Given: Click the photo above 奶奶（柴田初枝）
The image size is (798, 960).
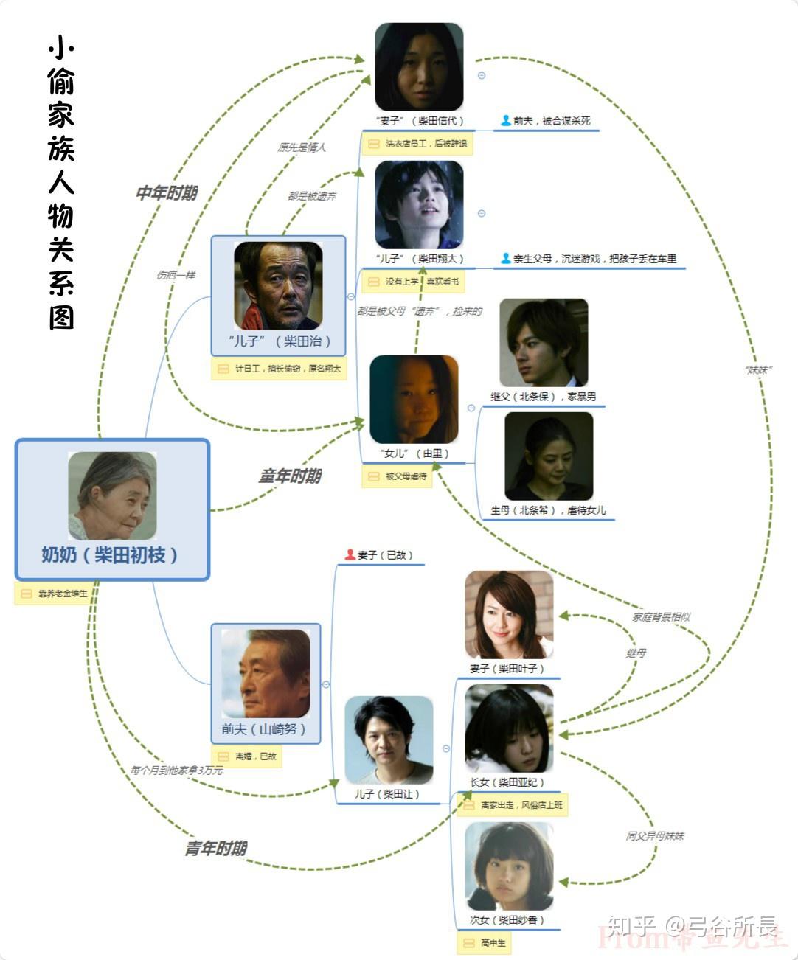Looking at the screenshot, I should tap(112, 495).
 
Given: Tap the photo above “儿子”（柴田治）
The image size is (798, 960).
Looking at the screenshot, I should tap(278, 286).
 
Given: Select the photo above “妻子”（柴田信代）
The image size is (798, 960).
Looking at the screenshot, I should tap(419, 67).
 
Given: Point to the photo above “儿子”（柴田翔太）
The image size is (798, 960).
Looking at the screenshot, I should tap(419, 205).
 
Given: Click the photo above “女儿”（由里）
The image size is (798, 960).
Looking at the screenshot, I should tap(414, 400).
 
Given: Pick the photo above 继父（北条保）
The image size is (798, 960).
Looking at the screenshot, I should tap(544, 343).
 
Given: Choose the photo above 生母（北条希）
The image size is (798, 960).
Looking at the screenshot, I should tap(549, 456).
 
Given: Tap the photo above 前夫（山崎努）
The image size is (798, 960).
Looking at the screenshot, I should tap(266, 673).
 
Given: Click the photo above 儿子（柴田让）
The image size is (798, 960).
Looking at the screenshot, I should tap(389, 740).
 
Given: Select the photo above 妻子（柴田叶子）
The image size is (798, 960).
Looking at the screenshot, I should tap(509, 615).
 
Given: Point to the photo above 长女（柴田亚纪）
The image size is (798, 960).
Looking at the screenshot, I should tap(509, 728).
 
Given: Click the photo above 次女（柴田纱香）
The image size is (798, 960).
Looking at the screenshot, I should tap(509, 867).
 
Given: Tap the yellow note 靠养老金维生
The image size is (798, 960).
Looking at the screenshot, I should tap(55, 594).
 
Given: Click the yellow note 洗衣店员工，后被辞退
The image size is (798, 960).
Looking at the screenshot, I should tap(417, 144).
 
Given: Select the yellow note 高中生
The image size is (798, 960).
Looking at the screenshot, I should tap(485, 943).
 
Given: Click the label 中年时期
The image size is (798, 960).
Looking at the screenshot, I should tap(167, 193).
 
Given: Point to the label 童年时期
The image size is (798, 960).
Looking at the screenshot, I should tap(290, 476).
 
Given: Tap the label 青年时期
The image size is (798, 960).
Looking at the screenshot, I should tap(215, 849).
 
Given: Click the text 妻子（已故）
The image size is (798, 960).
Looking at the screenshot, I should tap(379, 555).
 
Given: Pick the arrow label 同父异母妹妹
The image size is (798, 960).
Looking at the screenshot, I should tap(655, 836).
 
